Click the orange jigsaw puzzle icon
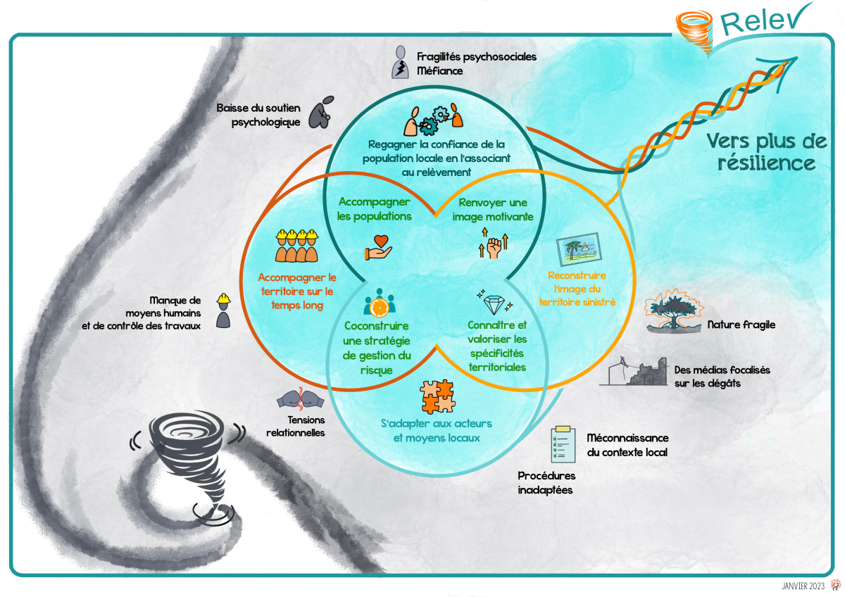[x=437, y=397]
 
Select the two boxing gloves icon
[x=300, y=400]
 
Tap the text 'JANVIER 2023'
[x=802, y=586]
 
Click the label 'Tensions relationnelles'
[x=295, y=425]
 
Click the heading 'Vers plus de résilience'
[x=766, y=152]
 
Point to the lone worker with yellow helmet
[x=223, y=310]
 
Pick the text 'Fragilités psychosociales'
[x=476, y=56]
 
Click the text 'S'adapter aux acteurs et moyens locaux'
[x=436, y=430]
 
